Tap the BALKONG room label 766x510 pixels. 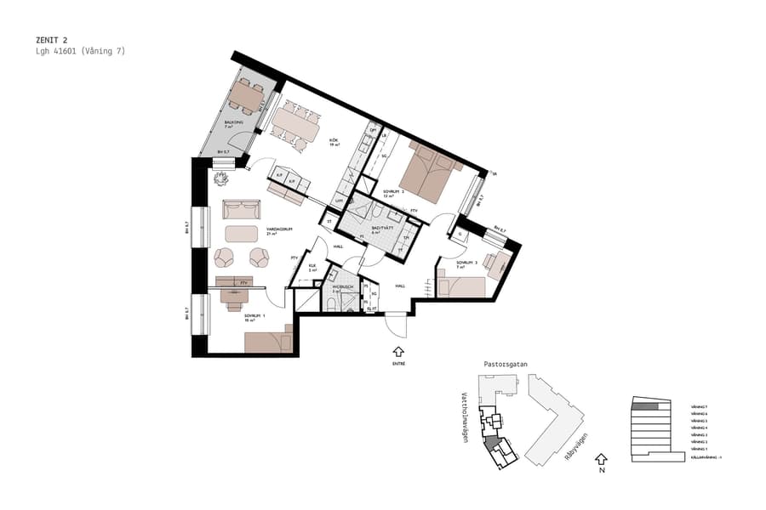point(232,122)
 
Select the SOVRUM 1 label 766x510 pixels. point(254,316)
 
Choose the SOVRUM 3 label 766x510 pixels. point(467,263)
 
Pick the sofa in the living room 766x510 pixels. point(242,209)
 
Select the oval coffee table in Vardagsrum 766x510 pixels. point(241,233)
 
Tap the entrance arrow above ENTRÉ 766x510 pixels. point(397,350)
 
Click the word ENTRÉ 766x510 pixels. point(398,364)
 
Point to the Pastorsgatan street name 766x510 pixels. point(506,364)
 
